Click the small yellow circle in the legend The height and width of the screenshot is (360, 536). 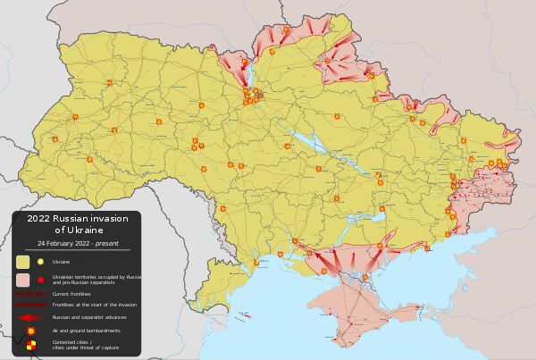pos(40,262)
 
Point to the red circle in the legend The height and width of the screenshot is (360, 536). pos(40,280)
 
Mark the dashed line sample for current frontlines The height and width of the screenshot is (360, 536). pos(29,293)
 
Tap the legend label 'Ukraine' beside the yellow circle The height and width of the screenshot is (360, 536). pos(61,262)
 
